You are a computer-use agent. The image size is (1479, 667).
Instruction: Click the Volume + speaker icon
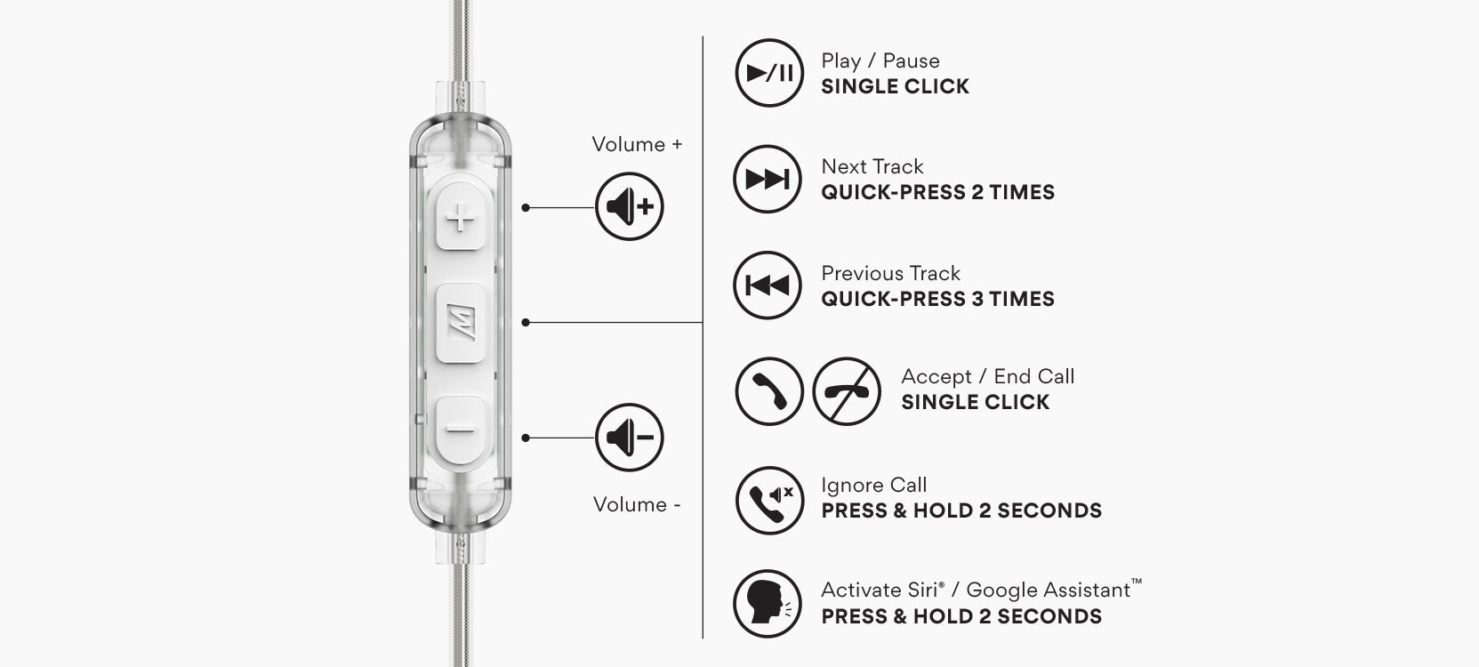click(x=630, y=207)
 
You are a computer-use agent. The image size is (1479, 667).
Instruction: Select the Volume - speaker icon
click(x=630, y=438)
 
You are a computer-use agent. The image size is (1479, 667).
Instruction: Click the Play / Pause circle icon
click(x=769, y=73)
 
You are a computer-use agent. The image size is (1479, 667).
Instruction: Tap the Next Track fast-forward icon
click(x=768, y=180)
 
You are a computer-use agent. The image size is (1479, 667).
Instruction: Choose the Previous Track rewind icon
click(x=768, y=285)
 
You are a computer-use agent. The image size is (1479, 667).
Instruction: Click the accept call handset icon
click(x=769, y=391)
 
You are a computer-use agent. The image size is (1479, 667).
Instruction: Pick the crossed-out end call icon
click(x=847, y=391)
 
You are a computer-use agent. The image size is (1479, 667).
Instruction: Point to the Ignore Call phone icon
click(x=769, y=501)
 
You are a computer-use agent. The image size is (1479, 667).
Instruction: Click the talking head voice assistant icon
click(x=768, y=604)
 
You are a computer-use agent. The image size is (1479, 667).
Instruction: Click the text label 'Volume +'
click(x=637, y=144)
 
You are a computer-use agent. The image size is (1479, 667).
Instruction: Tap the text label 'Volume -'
click(x=637, y=504)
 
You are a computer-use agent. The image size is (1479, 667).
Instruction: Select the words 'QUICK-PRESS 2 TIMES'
click(x=937, y=192)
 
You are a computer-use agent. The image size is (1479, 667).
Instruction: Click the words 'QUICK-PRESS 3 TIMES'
click(x=937, y=299)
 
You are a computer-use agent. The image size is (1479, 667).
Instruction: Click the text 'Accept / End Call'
click(x=987, y=376)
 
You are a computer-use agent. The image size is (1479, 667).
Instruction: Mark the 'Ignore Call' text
click(x=873, y=485)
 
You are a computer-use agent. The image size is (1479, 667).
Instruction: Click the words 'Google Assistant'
click(x=1048, y=590)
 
